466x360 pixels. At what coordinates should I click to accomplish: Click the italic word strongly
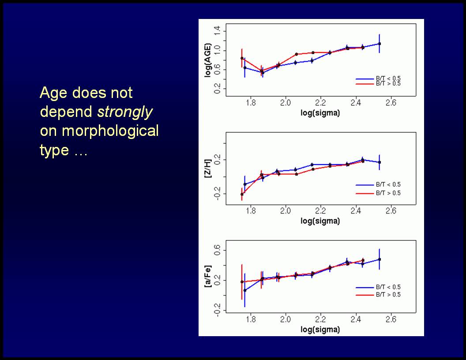(125, 112)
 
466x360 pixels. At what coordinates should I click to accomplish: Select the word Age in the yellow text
(53, 93)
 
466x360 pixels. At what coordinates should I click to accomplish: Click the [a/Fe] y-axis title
(208, 277)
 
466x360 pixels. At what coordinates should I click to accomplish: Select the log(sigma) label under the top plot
(320, 113)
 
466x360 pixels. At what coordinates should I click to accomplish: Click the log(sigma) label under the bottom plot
(320, 330)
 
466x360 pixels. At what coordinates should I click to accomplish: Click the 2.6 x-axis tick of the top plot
(391, 103)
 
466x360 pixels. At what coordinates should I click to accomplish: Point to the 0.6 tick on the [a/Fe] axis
(217, 251)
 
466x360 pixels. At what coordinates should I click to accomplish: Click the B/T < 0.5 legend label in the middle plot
(388, 185)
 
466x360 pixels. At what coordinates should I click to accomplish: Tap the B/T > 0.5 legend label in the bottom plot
(388, 295)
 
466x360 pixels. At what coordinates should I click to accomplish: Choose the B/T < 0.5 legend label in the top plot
(388, 78)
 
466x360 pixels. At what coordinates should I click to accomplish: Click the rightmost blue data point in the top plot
(380, 44)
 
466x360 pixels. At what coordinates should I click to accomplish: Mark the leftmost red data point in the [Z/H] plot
(242, 194)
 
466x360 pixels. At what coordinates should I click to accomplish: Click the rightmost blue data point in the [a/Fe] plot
(380, 259)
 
